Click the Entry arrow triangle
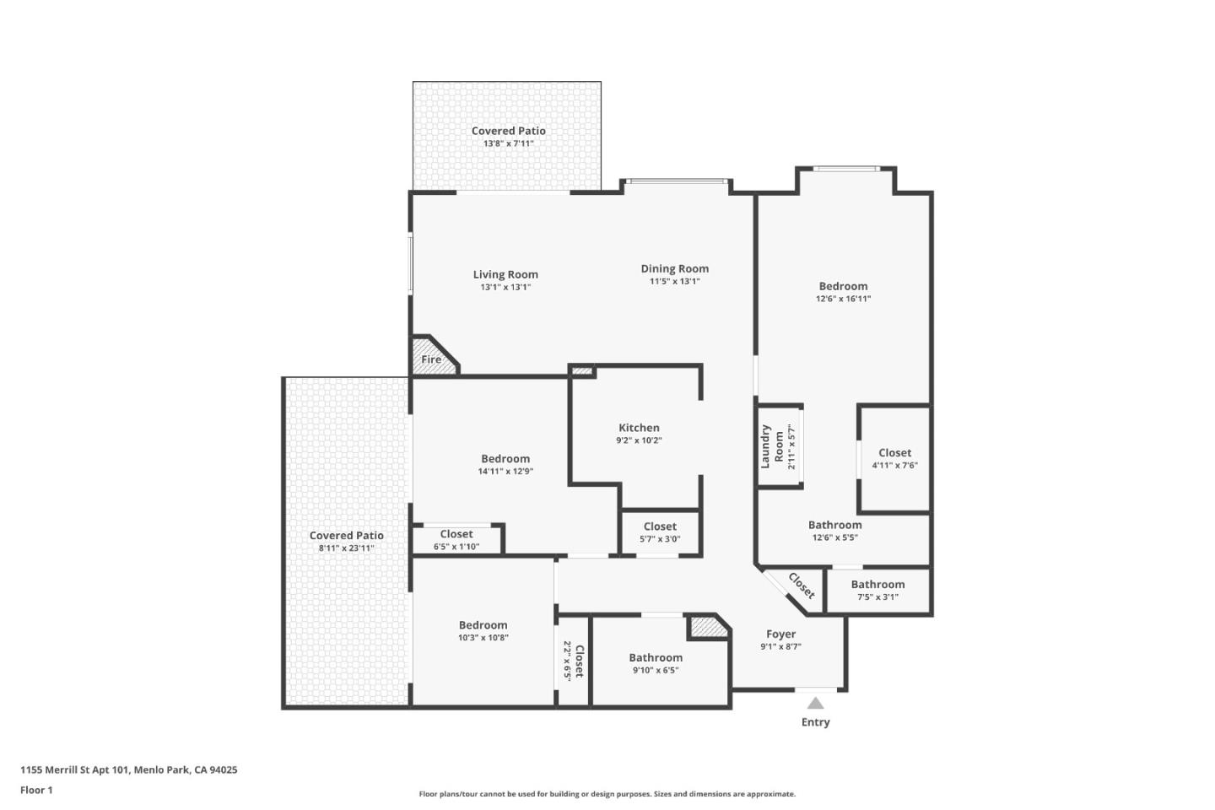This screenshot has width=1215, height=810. pyautogui.click(x=815, y=703)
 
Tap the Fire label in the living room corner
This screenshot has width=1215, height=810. pyautogui.click(x=431, y=359)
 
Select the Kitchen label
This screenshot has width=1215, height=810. pyautogui.click(x=639, y=428)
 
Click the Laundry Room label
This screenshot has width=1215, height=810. pyautogui.click(x=771, y=446)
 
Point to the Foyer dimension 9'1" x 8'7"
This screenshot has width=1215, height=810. pyautogui.click(x=780, y=647)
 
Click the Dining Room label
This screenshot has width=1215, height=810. pyautogui.click(x=674, y=268)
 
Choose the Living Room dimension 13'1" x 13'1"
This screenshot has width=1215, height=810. pyautogui.click(x=505, y=288)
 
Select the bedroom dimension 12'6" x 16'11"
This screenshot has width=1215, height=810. pyautogui.click(x=843, y=299)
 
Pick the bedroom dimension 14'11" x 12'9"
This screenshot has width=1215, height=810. pyautogui.click(x=505, y=472)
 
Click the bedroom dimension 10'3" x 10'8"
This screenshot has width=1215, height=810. pyautogui.click(x=483, y=638)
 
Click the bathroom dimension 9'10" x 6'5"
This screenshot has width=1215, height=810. pyautogui.click(x=656, y=671)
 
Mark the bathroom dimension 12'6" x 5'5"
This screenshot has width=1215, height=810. pyautogui.click(x=834, y=537)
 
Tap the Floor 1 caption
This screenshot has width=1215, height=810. pyautogui.click(x=36, y=791)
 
